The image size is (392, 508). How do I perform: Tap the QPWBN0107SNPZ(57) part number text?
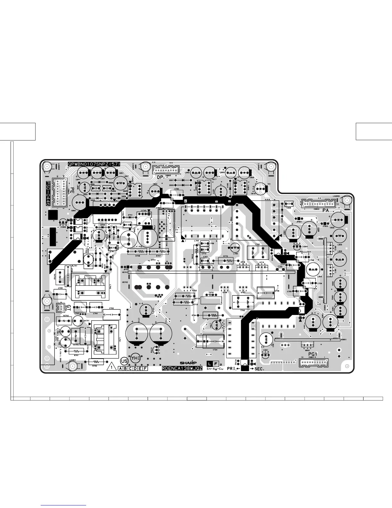coord(94,164)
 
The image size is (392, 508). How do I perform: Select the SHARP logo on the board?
coord(188,363)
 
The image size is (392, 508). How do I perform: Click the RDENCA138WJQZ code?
coord(182,369)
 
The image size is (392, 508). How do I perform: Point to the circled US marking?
coord(124,361)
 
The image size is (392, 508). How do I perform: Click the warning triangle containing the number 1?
coord(111,368)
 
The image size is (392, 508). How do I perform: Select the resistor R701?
coord(77,351)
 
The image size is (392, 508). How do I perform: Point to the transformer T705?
coord(257,253)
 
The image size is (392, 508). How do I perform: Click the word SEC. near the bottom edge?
coord(259,369)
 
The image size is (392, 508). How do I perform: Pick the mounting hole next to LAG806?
coord(347,200)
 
